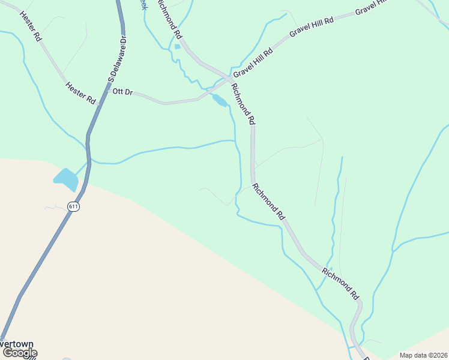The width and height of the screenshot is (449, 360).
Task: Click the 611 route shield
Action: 73,206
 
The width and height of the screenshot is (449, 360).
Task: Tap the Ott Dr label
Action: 122,92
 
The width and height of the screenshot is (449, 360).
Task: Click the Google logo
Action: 20,353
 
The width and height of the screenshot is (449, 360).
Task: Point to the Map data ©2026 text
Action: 423,355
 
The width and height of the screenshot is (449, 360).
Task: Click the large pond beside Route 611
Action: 65,178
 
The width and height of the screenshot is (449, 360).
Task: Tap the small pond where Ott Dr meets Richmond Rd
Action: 220,101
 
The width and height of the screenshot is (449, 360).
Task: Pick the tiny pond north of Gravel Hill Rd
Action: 178,47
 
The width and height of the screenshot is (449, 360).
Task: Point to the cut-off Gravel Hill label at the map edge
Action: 372,7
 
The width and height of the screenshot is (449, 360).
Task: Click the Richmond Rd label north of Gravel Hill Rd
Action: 169,19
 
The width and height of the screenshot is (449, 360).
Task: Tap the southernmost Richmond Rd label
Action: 340,283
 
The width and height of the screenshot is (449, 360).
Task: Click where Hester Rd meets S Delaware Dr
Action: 98,103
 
